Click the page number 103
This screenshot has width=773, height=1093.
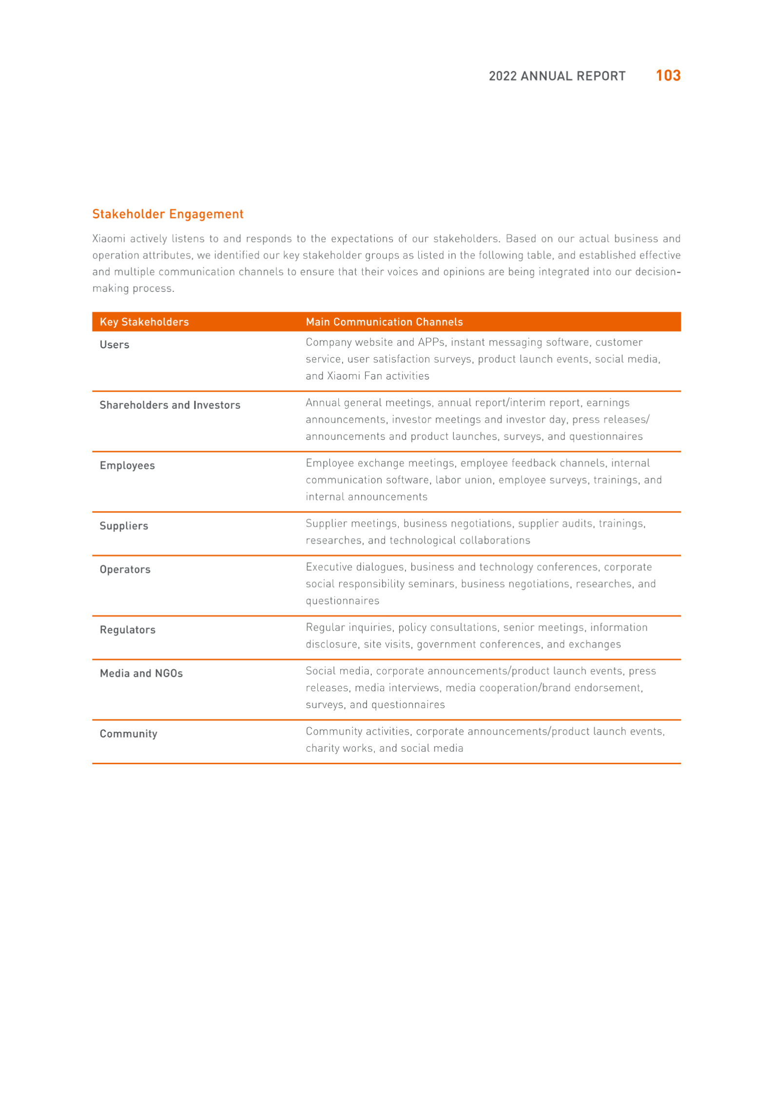pos(668,75)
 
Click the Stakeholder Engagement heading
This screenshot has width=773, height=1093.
pos(168,214)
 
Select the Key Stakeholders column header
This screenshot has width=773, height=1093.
pos(144,322)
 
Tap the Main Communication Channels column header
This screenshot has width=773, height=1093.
pos(384,322)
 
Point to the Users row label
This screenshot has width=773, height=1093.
pos(115,345)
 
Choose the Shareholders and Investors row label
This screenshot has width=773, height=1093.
pos(170,405)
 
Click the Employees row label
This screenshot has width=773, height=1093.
pos(127,466)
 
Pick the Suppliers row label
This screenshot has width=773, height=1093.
pos(124,526)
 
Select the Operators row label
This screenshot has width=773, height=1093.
pos(125,569)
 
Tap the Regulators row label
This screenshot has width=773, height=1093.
pos(128,630)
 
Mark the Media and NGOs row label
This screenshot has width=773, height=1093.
pos(141,673)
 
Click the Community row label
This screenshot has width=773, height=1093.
pos(129,734)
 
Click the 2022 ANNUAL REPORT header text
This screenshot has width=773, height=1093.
pos(557,76)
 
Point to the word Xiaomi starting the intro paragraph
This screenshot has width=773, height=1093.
pos(109,239)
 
